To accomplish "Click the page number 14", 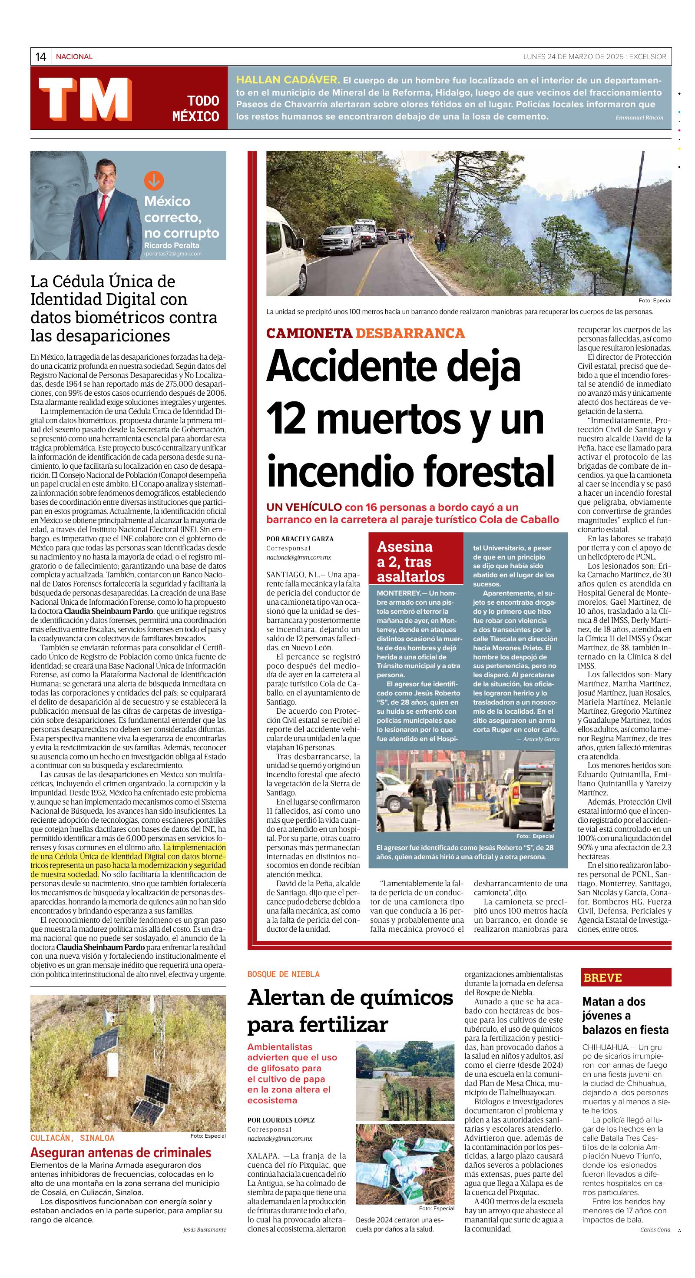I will click(x=41, y=57).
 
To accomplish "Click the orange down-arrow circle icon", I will click(x=154, y=181).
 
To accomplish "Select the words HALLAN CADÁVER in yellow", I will click(x=288, y=79).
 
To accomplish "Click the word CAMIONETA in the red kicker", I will click(x=309, y=333).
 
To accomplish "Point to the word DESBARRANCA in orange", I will click(x=410, y=333).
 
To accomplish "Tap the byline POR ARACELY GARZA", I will click(x=300, y=539).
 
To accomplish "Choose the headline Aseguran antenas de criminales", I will click(x=121, y=1152).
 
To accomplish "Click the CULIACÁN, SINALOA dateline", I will click(x=73, y=1138).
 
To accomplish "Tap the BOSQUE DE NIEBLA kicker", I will click(x=283, y=974).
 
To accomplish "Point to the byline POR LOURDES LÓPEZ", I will click(x=281, y=1120).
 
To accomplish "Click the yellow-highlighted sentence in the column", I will click(x=128, y=861).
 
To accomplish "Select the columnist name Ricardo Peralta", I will click(x=172, y=245).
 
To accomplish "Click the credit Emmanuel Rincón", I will click(x=639, y=118).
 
